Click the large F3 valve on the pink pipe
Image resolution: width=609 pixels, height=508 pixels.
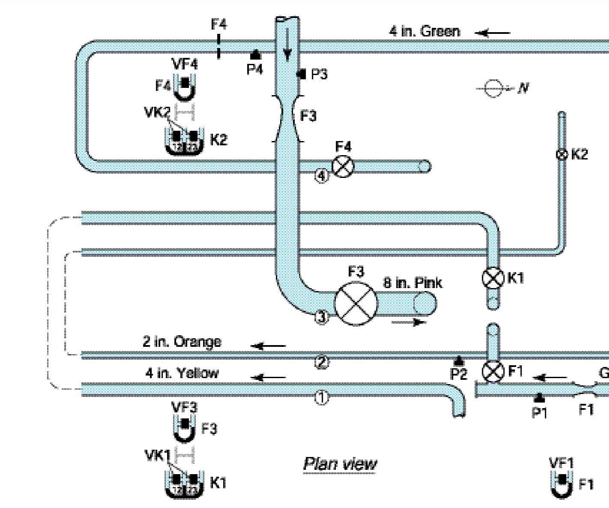[x=356, y=303]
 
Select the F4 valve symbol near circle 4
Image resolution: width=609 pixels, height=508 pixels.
[x=343, y=166]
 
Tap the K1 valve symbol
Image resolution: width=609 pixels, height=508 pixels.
[x=493, y=278]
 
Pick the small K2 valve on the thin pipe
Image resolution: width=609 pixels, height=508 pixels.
[x=561, y=154]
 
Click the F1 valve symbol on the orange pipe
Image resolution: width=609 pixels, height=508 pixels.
[x=493, y=372]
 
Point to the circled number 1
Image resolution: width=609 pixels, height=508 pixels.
[x=322, y=397]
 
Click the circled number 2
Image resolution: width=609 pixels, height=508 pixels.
[x=322, y=363]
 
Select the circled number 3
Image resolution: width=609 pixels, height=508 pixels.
[x=322, y=317]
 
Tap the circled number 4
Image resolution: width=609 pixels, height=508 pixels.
[x=322, y=175]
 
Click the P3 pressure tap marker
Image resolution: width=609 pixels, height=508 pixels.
[x=302, y=74]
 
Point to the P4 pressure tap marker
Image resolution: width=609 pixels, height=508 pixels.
[x=255, y=54]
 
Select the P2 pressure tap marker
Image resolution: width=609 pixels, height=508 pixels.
[x=459, y=361]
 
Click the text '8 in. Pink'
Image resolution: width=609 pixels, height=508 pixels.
[x=412, y=283]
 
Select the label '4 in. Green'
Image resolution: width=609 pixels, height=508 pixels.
[x=424, y=31]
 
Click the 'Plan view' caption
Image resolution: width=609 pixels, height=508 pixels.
[x=340, y=464]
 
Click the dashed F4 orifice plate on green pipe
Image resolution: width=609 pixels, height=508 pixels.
[x=218, y=46]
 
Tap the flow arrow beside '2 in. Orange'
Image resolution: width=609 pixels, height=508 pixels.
[x=268, y=346]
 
